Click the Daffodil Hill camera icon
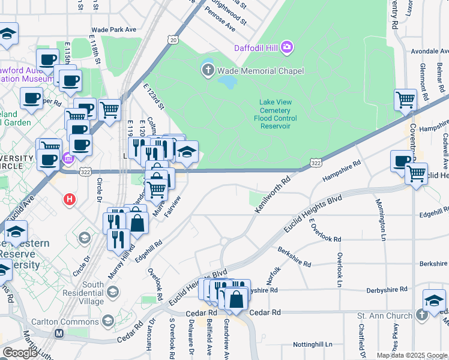[288, 47]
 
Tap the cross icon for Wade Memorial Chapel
[208, 71]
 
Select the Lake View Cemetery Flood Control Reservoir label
[275, 114]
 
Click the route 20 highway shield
[173, 40]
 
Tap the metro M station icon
[59, 333]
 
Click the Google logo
[20, 353]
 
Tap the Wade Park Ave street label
[113, 29]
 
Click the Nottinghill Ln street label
[313, 344]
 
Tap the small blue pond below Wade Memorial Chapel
[227, 82]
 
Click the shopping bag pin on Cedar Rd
[237, 299]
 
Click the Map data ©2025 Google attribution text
[412, 355]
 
